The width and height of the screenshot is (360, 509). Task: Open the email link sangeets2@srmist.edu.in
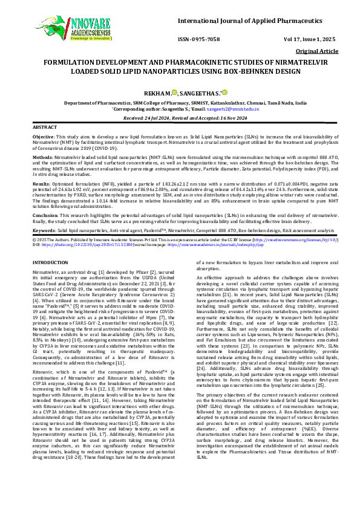point(233,108)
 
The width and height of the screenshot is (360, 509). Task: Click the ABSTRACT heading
point(45,128)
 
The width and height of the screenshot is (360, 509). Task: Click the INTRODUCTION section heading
point(50,262)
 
